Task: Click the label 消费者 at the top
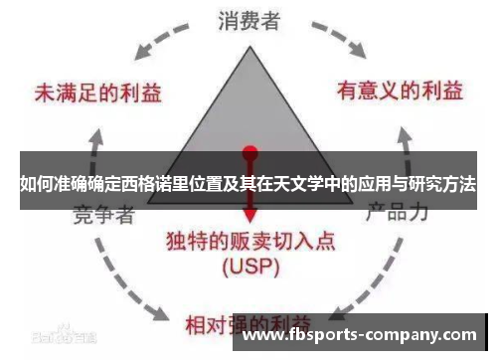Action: pos(249,19)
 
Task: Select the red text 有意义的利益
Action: pos(399,91)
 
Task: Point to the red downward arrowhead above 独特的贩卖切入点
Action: pos(249,220)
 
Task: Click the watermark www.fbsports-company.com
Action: pos(360,334)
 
